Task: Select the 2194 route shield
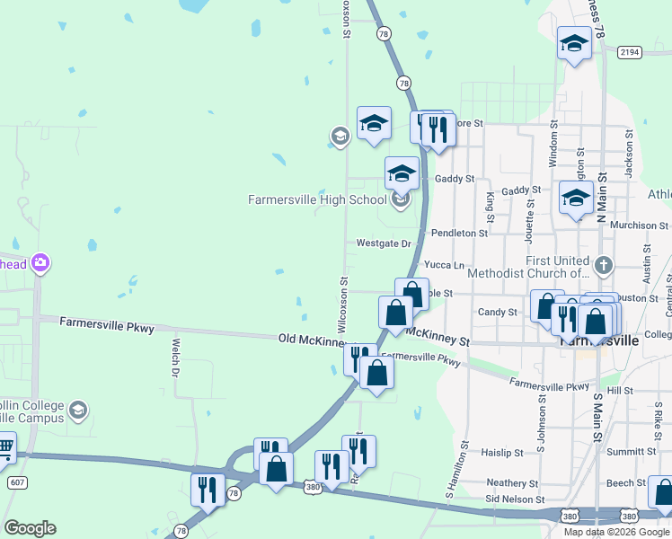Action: (629, 52)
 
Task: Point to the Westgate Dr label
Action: (383, 243)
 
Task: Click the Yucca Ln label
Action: (444, 265)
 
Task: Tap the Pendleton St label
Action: (459, 233)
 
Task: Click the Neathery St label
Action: (511, 482)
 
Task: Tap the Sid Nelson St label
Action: (515, 499)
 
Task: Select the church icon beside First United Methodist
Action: (604, 266)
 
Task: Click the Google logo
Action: (30, 528)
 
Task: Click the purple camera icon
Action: (40, 263)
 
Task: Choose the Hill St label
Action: (620, 391)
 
